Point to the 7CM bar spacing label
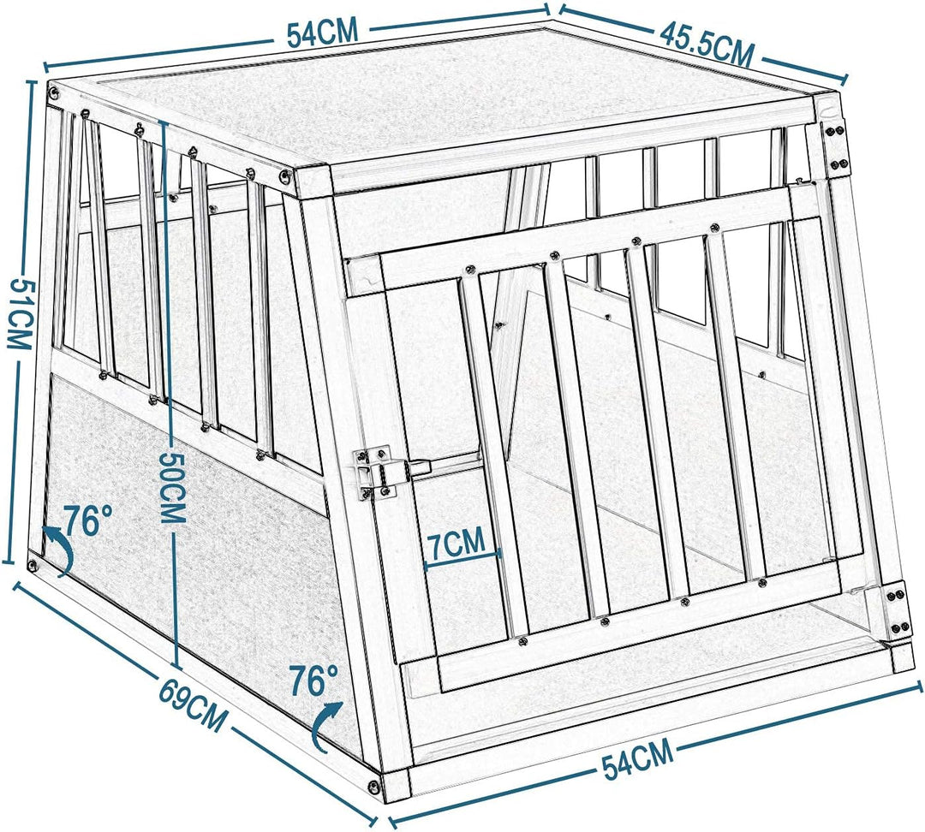pos(456,542)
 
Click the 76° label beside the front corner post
pos(314,681)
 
